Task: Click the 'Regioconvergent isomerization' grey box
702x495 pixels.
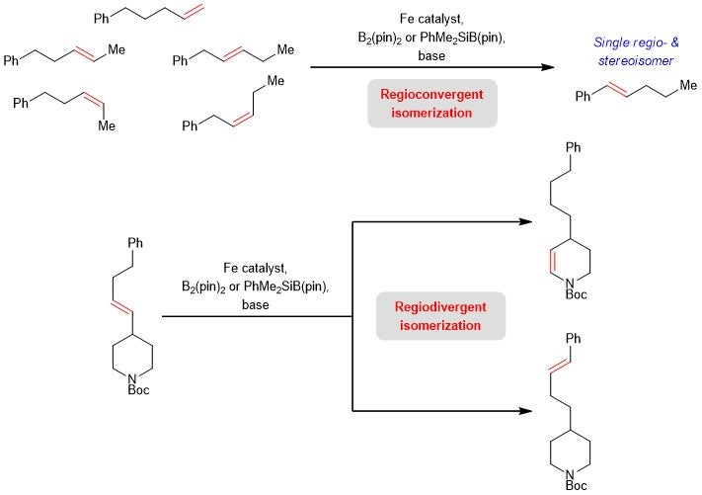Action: [x=432, y=104]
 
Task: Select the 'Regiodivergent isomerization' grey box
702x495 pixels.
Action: [x=440, y=316]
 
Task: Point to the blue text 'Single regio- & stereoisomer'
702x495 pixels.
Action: [x=636, y=51]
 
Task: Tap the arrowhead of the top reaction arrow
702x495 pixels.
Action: [x=548, y=67]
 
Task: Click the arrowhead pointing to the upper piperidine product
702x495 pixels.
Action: [x=525, y=221]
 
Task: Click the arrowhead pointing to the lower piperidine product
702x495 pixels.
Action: [x=525, y=410]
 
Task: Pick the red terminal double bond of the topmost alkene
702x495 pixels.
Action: [x=195, y=12]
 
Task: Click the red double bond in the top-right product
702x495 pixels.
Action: [x=617, y=90]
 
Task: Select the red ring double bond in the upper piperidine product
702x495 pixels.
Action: [x=552, y=261]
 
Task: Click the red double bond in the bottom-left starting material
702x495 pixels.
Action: [x=121, y=307]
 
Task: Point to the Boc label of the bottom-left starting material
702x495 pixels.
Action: [x=138, y=390]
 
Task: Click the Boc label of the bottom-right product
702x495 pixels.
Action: [x=577, y=485]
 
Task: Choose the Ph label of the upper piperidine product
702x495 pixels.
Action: [x=573, y=147]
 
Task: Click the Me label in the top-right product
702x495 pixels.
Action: [x=688, y=85]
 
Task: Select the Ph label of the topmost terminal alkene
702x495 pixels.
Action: [x=102, y=19]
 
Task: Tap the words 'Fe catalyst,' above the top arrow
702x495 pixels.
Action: [x=431, y=19]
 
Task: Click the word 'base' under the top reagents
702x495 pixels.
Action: [x=431, y=56]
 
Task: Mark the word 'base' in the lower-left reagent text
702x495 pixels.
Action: [x=255, y=305]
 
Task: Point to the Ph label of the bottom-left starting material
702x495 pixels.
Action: [x=135, y=243]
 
